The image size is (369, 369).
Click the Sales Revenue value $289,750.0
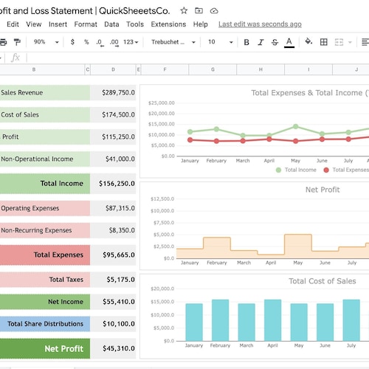tap(113, 93)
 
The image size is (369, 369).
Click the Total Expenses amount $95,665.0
tap(113, 255)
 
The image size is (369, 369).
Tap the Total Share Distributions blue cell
tap(45, 323)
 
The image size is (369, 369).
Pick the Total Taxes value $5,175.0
tap(113, 280)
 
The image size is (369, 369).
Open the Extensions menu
tap(168, 24)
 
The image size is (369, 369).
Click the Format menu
tap(86, 24)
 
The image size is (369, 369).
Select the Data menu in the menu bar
tap(111, 24)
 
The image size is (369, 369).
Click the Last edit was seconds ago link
tap(260, 24)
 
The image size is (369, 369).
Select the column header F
tap(165, 70)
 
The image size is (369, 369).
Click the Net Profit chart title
tap(323, 190)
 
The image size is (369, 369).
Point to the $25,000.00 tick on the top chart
tap(161, 103)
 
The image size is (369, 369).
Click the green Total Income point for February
tap(216, 129)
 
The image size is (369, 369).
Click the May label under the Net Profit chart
tap(295, 263)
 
